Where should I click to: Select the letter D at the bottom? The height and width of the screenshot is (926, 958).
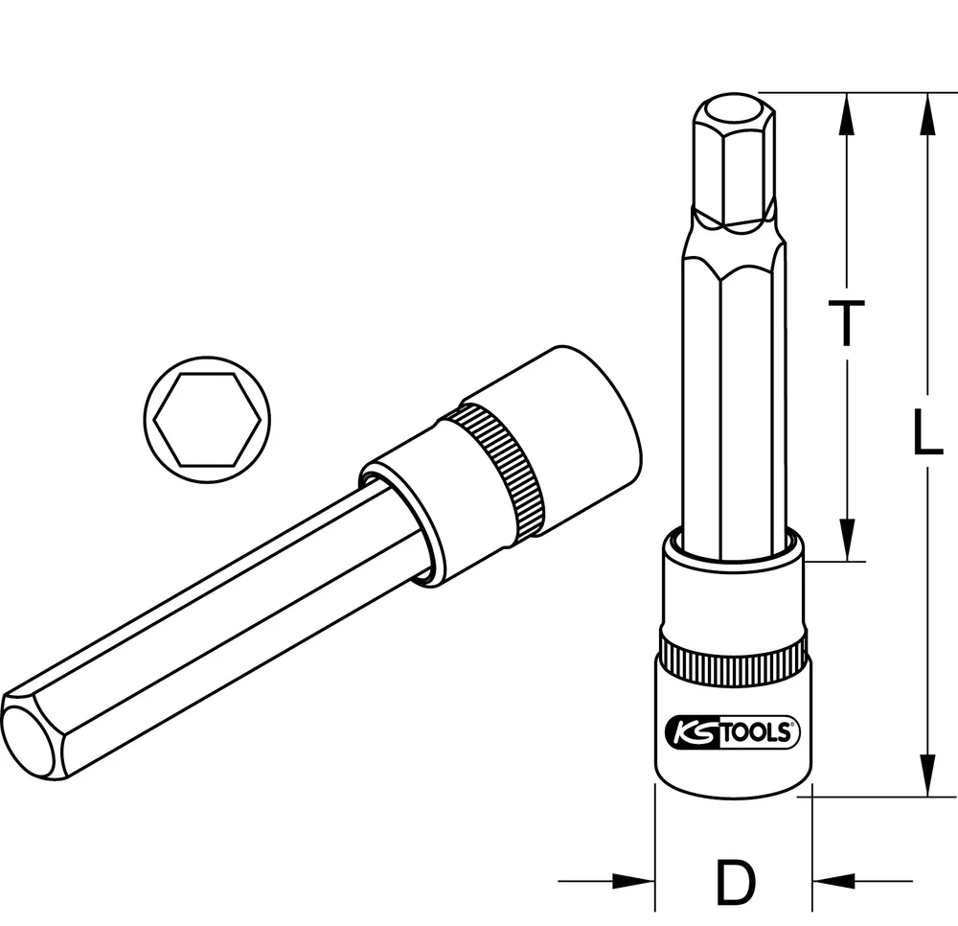(734, 882)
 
